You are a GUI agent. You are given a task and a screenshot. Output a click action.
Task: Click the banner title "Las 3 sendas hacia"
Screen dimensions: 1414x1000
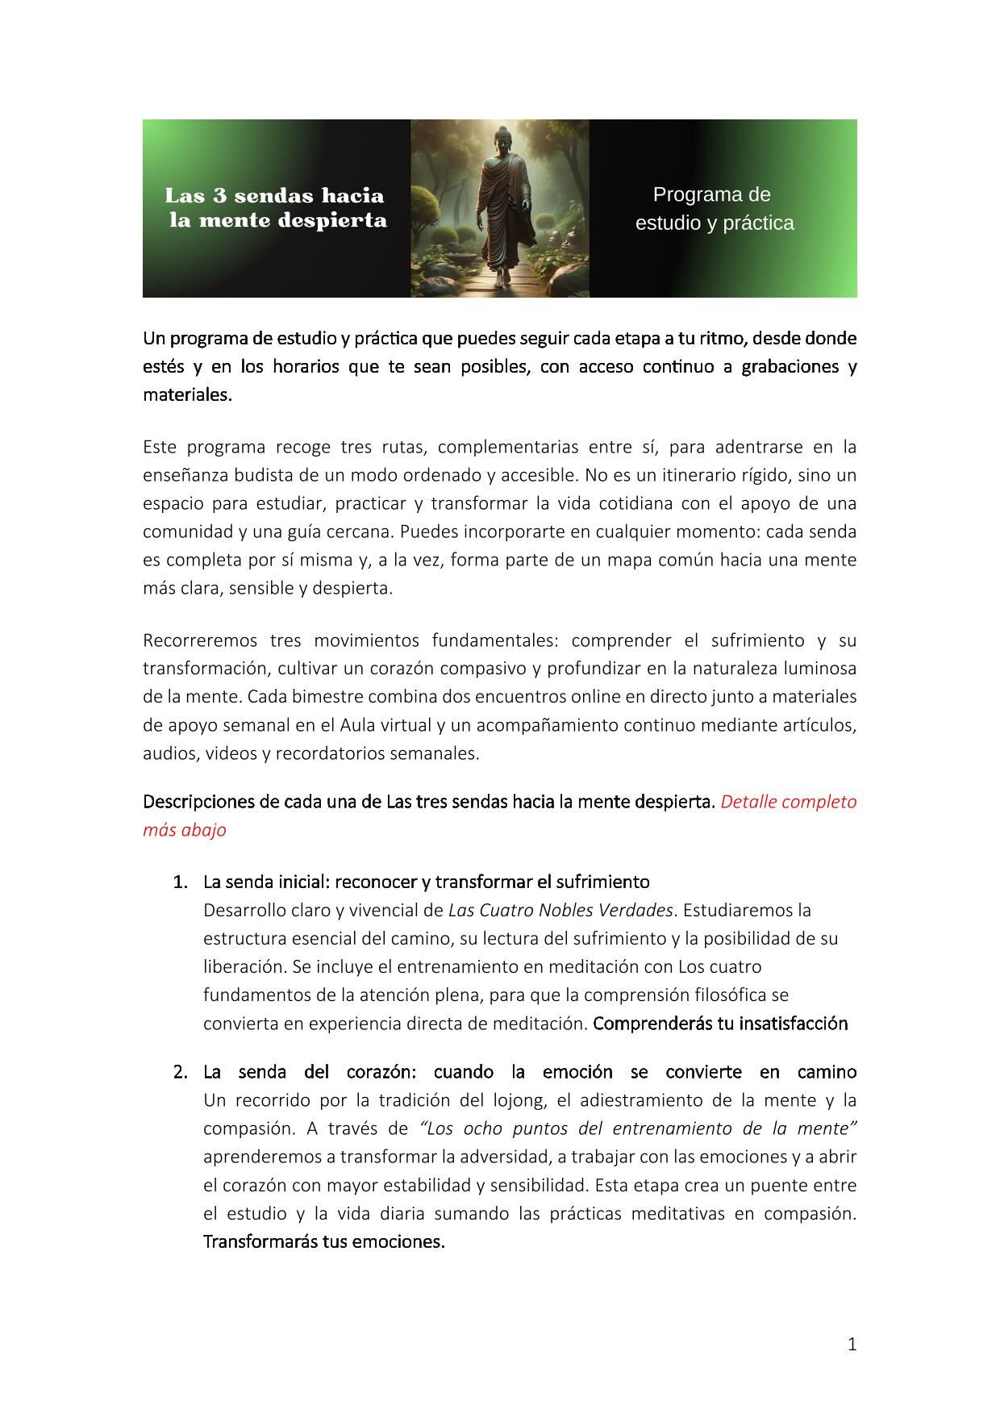274,195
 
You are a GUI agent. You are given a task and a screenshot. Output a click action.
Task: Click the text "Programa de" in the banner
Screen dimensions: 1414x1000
711,194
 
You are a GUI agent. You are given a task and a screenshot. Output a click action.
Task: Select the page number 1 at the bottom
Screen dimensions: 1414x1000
852,1344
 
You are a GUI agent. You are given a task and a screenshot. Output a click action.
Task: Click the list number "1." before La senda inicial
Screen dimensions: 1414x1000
181,882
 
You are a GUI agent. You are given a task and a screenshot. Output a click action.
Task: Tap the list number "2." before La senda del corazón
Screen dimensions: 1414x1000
181,1072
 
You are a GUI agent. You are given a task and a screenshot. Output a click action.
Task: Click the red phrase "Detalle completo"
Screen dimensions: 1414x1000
788,802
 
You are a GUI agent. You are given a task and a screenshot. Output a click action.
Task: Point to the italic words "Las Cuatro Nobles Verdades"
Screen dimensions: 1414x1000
560,910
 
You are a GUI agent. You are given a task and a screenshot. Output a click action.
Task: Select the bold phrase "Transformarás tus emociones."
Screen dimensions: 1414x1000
324,1241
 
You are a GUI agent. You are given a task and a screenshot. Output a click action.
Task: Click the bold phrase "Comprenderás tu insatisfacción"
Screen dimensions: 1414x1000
720,1024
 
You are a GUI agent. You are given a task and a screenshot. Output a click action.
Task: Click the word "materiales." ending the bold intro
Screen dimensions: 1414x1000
187,395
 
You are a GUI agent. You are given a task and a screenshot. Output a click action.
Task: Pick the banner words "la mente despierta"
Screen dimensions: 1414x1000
277,220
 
